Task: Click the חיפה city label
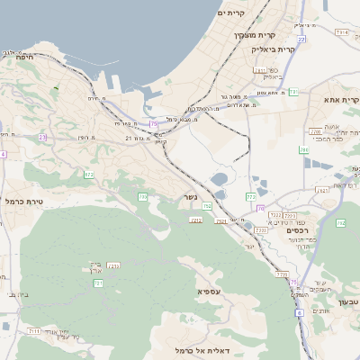click(x=23, y=56)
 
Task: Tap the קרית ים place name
click(x=231, y=13)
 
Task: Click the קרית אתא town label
click(x=343, y=100)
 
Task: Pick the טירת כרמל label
click(x=24, y=202)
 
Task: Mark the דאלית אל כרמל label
click(x=181, y=348)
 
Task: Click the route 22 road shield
click(x=301, y=39)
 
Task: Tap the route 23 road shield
click(x=42, y=137)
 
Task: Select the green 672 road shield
click(x=89, y=174)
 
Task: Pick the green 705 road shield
click(x=142, y=196)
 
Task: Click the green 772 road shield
click(x=251, y=195)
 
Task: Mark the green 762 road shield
click(x=340, y=222)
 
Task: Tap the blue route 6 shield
click(x=299, y=313)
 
